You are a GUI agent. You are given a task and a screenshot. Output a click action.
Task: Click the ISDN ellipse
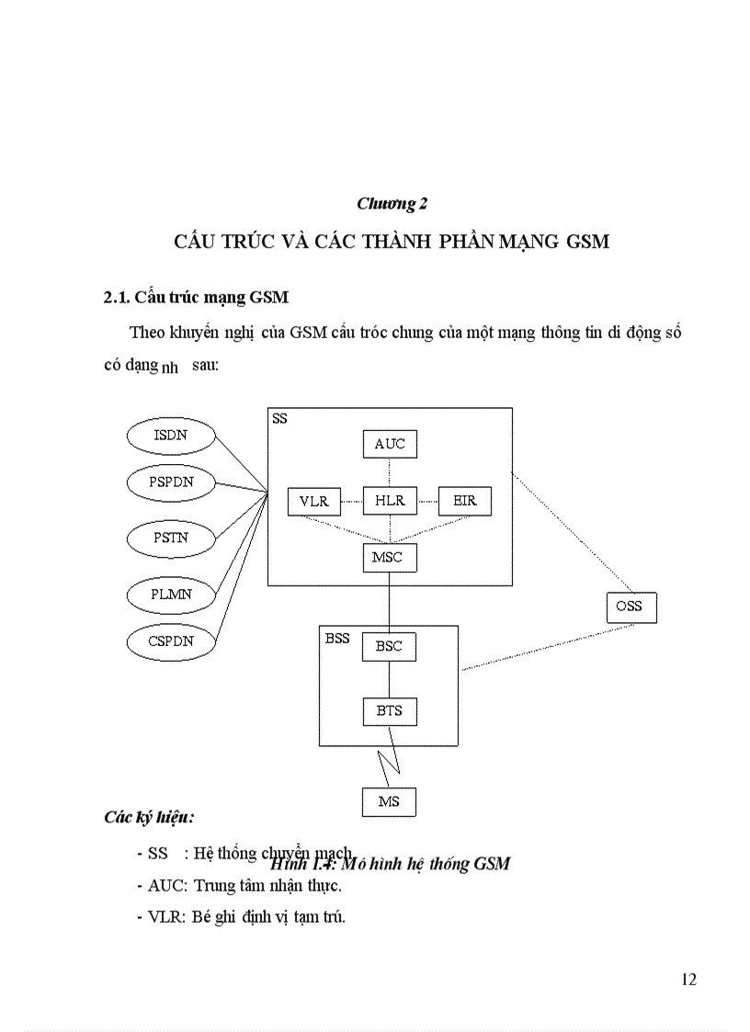tap(170, 435)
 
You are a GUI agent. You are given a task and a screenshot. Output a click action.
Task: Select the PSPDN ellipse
tap(170, 482)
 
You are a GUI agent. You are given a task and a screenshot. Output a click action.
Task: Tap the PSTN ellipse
tap(170, 538)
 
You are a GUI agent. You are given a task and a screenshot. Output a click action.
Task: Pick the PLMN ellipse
tap(170, 594)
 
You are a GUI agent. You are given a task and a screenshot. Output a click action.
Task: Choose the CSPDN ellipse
tap(170, 641)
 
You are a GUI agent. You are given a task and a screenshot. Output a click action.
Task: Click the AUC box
tap(390, 444)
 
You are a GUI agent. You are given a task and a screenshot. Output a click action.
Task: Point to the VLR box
tap(313, 502)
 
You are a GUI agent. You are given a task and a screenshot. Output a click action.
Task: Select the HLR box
tap(390, 501)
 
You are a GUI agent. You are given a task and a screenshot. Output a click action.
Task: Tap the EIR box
tap(465, 501)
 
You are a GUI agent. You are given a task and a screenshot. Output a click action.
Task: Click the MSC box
tap(390, 557)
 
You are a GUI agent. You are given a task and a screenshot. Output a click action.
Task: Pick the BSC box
tap(390, 646)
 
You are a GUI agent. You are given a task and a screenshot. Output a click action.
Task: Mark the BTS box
tap(390, 710)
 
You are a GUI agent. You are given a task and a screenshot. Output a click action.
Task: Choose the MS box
tap(389, 801)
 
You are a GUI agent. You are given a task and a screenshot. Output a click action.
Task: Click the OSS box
tap(631, 607)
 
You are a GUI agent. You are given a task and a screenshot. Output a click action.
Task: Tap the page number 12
tap(688, 979)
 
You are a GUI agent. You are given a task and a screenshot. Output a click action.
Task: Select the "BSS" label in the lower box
tap(337, 638)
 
